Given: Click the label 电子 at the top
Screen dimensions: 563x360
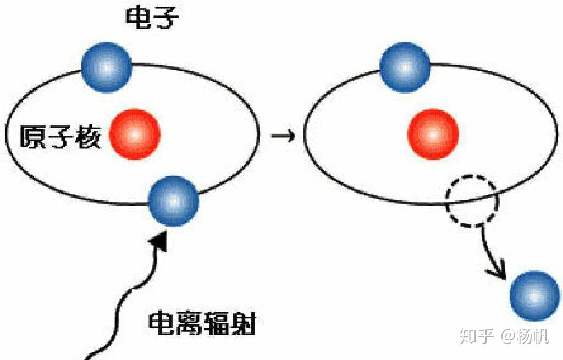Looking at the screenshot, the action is (152, 18).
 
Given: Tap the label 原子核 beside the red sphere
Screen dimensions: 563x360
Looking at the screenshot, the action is (59, 137).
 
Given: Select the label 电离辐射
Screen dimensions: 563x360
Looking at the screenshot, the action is (202, 324).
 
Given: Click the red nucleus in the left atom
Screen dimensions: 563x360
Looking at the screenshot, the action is (135, 134).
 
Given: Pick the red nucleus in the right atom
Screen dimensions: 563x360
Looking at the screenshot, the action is (433, 134).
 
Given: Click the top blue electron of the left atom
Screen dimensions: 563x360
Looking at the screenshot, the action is (107, 67).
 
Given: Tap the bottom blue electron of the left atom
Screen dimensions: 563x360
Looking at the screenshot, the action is (173, 201).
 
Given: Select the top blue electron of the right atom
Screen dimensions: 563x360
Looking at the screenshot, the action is (405, 67).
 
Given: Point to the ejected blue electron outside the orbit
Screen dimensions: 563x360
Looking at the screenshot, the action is (534, 295).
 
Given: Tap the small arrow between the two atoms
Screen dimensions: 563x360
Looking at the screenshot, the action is (283, 136).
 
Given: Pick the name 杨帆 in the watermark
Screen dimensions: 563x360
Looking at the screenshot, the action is (533, 336).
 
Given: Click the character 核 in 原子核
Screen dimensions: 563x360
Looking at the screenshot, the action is (87, 137).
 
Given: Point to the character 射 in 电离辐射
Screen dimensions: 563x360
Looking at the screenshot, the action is (244, 324).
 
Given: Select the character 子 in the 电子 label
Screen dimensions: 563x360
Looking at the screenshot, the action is (165, 18).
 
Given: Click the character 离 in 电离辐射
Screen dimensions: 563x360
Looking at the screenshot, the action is (189, 324).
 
